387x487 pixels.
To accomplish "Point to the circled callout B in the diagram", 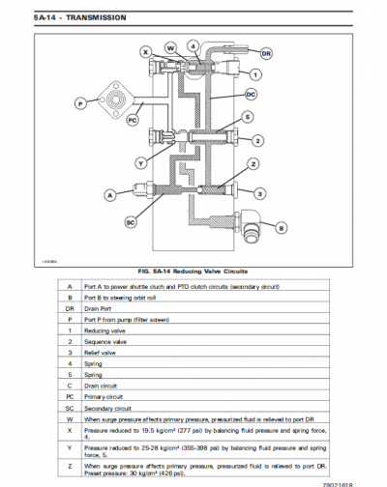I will (x=282, y=228).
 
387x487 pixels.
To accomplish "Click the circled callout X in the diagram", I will (x=145, y=51).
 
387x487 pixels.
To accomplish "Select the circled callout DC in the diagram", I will (x=251, y=94).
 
